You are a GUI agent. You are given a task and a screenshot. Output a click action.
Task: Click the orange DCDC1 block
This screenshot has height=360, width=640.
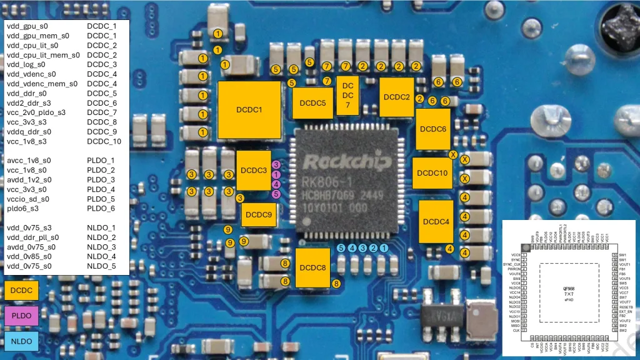(x=249, y=110)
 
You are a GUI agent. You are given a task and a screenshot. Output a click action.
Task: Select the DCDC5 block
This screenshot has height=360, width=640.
(x=312, y=103)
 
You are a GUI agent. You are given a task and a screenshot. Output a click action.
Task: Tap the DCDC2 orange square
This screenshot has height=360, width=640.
(x=397, y=97)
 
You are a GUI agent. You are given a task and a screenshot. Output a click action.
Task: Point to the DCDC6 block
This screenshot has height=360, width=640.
(x=433, y=129)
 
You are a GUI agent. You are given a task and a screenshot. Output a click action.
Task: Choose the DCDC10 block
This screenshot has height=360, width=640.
(x=432, y=173)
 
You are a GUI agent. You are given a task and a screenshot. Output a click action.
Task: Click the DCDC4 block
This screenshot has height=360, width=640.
(x=436, y=222)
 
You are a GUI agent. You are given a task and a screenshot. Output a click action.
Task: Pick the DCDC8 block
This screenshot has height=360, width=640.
(x=312, y=268)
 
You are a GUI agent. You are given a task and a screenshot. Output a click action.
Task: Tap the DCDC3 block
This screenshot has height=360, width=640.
(x=254, y=170)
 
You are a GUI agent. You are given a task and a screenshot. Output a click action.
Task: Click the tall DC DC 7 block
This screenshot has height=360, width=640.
(x=348, y=96)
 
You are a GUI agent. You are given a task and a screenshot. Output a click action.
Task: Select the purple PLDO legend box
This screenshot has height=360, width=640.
(x=21, y=316)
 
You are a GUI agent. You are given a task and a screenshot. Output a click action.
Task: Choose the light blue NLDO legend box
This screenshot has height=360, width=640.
(x=21, y=341)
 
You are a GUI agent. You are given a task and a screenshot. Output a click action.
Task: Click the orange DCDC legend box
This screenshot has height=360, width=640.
(x=21, y=290)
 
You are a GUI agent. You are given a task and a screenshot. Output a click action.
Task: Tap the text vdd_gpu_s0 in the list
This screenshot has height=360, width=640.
(x=27, y=26)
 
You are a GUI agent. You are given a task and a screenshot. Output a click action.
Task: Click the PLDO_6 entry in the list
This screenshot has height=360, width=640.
(x=101, y=208)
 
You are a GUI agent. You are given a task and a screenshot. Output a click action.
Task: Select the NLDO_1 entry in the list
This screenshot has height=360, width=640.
(x=101, y=227)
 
